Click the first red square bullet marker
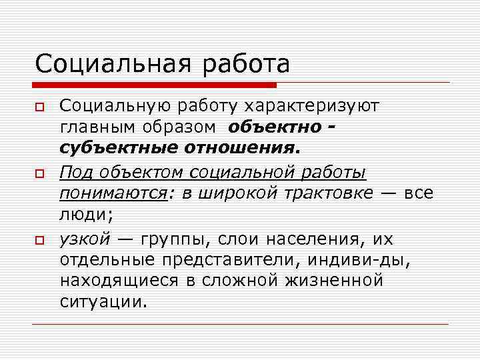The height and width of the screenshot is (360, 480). point(40,107)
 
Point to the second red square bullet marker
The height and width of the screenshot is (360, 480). point(40,173)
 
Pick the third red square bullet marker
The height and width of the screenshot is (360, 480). point(40,239)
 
